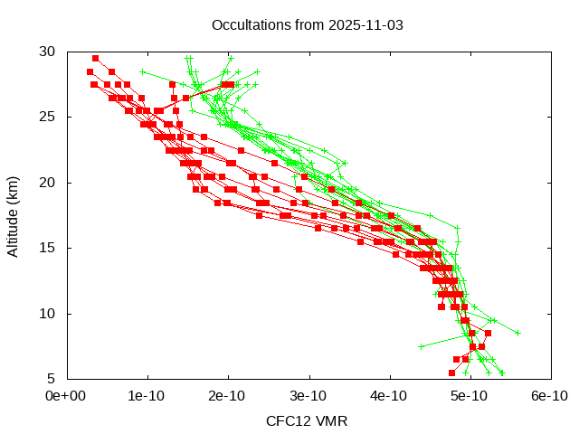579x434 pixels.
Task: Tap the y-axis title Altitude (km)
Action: pyautogui.click(x=14, y=215)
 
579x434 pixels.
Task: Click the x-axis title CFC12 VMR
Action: pyautogui.click(x=307, y=421)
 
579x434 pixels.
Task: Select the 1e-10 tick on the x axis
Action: pyautogui.click(x=147, y=396)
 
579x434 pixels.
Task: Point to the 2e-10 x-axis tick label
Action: pyautogui.click(x=227, y=396)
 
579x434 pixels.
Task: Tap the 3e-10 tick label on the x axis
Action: pyautogui.click(x=308, y=396)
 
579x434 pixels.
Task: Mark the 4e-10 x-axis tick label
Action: pyautogui.click(x=388, y=396)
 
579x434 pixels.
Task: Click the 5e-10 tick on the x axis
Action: pyautogui.click(x=469, y=396)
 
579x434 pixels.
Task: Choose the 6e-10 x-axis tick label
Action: pyautogui.click(x=549, y=396)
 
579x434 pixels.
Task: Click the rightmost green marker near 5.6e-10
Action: pyautogui.click(x=517, y=333)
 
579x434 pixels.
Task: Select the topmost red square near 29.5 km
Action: pyautogui.click(x=95, y=58)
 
